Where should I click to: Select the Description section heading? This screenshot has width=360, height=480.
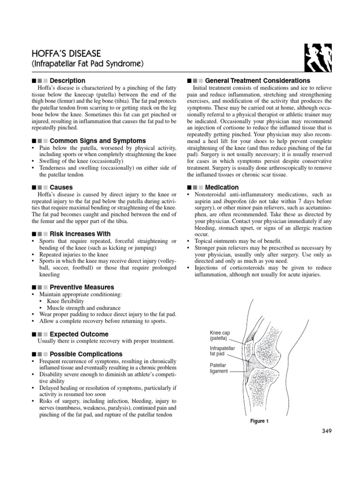[67, 81]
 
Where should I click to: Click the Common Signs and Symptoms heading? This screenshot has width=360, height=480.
[97, 141]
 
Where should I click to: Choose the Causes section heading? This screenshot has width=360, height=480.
[61, 187]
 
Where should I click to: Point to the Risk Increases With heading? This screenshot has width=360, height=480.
[80, 233]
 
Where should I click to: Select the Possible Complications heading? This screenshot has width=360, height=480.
[86, 354]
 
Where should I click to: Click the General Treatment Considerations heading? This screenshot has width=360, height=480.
[257, 81]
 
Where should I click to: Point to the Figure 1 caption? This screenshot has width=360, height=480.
[259, 421]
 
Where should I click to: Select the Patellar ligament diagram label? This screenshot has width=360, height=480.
[219, 367]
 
